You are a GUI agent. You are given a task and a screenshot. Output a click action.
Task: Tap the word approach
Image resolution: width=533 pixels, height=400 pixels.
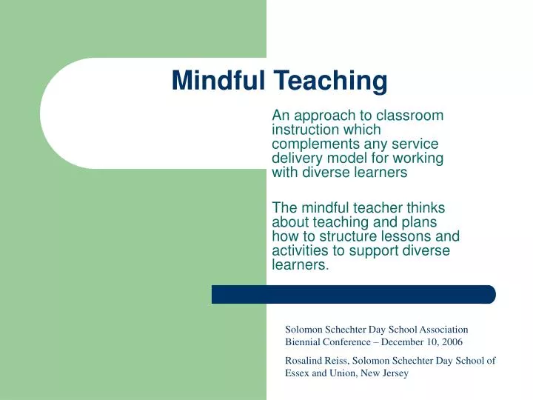coord(321,116)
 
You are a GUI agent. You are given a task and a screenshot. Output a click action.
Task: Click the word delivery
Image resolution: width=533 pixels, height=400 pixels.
coord(296,158)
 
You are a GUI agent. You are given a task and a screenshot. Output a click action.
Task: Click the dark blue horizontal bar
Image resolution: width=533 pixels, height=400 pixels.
coord(353,294)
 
